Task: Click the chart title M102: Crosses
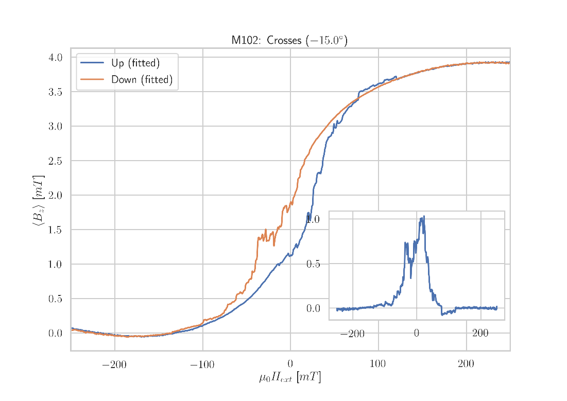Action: (x=289, y=40)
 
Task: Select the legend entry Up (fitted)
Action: (x=135, y=63)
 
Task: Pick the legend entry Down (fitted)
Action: (x=142, y=80)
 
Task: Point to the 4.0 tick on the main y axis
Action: (x=55, y=57)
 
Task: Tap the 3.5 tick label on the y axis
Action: (x=55, y=92)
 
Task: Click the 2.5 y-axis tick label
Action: (x=55, y=161)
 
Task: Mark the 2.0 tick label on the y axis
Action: (x=55, y=195)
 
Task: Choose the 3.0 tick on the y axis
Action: (x=55, y=126)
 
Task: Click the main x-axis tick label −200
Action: (x=114, y=365)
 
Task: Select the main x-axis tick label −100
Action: (x=202, y=365)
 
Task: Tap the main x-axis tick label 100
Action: (x=377, y=365)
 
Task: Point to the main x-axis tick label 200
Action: (x=466, y=365)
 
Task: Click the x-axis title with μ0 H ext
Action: (x=289, y=378)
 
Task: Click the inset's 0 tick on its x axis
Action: (x=416, y=334)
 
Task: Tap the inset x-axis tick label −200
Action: (x=352, y=334)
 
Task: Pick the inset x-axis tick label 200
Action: (x=480, y=334)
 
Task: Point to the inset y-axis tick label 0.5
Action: (x=314, y=264)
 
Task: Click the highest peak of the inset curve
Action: (x=424, y=216)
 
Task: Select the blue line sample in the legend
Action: (x=92, y=63)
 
